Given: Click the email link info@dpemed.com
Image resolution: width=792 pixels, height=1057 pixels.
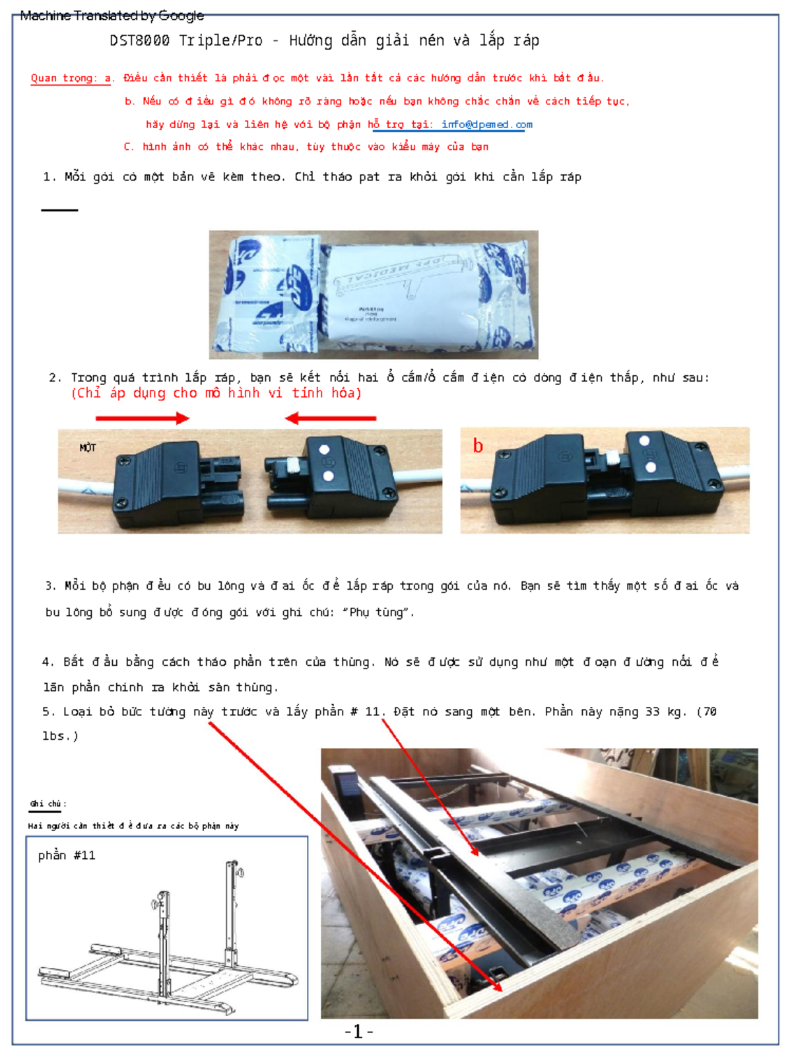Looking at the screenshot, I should click(486, 124).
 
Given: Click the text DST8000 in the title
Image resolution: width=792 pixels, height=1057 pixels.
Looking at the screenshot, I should click(139, 40).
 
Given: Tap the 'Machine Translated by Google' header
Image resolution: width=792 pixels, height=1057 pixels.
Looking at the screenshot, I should click(112, 15).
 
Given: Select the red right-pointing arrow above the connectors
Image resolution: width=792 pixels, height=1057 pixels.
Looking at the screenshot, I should click(143, 418).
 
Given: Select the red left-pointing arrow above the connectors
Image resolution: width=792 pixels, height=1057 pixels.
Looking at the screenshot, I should click(331, 418).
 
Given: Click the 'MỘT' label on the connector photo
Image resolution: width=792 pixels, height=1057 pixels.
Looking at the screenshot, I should click(88, 448).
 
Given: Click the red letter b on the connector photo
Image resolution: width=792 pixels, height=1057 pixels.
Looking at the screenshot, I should click(478, 446).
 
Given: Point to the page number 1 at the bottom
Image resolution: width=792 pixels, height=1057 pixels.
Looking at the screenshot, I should click(358, 1031).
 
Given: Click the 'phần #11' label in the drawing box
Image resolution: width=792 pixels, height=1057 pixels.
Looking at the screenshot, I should click(67, 855).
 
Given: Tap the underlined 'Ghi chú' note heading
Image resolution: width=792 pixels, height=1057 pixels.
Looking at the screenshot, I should click(46, 804).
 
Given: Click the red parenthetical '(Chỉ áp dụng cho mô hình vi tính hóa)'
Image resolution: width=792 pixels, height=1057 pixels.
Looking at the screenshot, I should click(216, 393).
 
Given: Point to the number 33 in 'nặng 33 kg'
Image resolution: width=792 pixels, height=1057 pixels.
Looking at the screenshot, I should click(652, 711).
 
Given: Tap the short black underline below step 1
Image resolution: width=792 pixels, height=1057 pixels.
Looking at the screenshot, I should click(59, 210).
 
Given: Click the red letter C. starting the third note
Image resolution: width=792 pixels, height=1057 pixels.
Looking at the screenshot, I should click(129, 147).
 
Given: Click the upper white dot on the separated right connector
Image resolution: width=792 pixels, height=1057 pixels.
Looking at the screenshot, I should click(324, 449).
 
